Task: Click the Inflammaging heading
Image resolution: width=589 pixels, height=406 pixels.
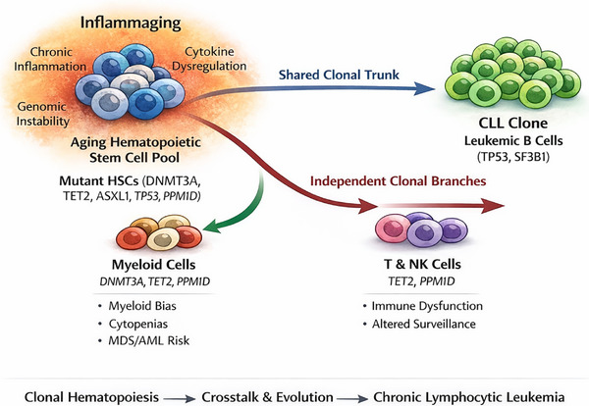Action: coord(131,24)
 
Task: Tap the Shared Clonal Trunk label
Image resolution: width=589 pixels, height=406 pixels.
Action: coord(339,75)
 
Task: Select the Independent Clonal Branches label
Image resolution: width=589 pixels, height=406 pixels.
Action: coord(399,181)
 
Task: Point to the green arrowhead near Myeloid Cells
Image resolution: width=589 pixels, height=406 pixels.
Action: coord(212,226)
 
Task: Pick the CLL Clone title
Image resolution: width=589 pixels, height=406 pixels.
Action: coord(513,124)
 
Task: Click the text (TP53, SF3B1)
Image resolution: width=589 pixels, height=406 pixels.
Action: coord(513,157)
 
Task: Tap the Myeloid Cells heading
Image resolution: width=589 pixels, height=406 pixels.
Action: coord(154,265)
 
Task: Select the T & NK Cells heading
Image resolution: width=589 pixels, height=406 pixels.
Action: coord(422,264)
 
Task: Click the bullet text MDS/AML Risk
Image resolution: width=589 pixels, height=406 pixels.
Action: coord(149,340)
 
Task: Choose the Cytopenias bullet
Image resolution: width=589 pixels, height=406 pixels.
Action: coord(138,324)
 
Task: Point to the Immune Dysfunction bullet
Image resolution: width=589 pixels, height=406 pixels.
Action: coord(427,306)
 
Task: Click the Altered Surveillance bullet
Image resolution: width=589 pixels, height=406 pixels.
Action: coord(424,324)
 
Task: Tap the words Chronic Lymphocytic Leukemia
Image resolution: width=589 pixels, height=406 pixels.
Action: coord(469,397)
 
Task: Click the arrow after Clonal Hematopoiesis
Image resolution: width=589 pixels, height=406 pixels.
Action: coord(180,398)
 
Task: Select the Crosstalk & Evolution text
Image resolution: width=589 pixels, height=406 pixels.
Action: coord(267,397)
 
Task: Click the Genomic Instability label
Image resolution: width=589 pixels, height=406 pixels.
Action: coord(43,114)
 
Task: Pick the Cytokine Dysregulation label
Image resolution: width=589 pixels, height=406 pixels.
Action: coord(209,59)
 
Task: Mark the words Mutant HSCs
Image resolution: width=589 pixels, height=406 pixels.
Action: coord(99,180)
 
